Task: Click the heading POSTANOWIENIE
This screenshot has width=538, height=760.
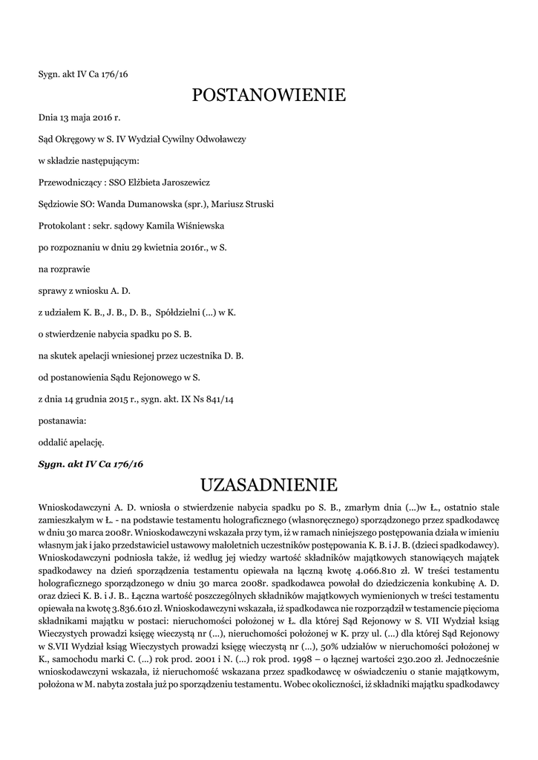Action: click(x=269, y=95)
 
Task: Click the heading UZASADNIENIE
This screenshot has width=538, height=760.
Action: click(x=269, y=485)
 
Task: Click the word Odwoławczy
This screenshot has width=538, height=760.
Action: click(x=223, y=139)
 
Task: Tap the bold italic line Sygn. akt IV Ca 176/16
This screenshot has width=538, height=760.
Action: click(x=91, y=463)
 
